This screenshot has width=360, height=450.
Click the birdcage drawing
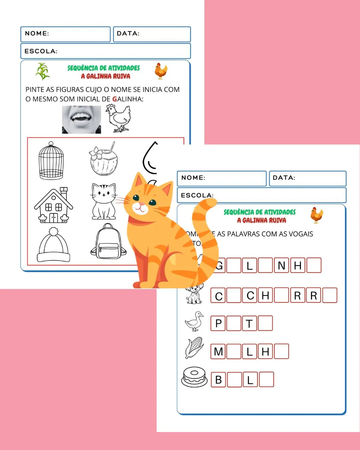[x=51, y=161]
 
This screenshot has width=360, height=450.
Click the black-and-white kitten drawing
[x=104, y=201]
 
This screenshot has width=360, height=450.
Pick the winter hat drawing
[x=53, y=245]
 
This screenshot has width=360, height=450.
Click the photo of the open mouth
[x=81, y=119]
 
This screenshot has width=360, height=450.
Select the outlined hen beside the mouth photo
[x=118, y=118]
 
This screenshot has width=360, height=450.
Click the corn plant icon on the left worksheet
[x=43, y=71]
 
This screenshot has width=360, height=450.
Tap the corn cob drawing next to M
[x=194, y=348]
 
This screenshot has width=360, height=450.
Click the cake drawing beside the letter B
[x=194, y=377]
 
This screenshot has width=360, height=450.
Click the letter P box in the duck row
[x=218, y=323]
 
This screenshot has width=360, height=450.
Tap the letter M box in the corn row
[x=218, y=351]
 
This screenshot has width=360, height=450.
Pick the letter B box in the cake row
[x=218, y=380]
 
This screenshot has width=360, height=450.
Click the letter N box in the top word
[x=281, y=266]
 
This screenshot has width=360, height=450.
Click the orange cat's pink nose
[x=142, y=204]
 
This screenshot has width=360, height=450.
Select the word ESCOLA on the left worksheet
[x=41, y=51]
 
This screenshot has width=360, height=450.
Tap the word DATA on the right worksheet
[x=284, y=178]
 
